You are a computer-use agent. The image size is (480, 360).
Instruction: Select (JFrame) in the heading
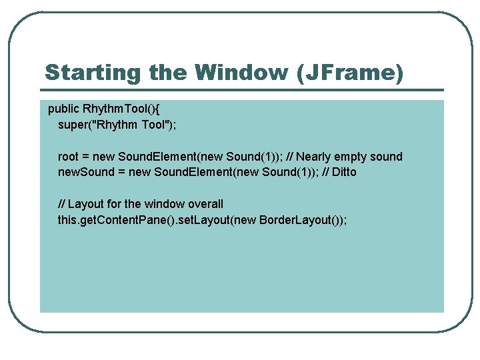[353, 73]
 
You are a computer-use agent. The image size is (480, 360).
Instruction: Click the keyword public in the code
[64, 109]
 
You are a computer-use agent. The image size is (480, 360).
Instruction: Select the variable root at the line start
[69, 157]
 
